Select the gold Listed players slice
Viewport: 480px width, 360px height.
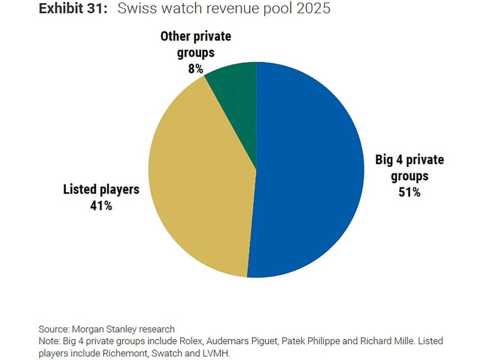(202, 187)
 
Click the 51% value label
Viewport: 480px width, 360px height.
(409, 192)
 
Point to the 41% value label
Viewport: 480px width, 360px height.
(101, 205)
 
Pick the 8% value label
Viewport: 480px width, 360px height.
(195, 69)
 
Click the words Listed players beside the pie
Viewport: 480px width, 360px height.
(101, 189)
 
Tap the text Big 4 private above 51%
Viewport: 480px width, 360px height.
(409, 160)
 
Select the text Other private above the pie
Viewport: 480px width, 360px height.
(196, 36)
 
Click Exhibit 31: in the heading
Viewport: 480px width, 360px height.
(73, 9)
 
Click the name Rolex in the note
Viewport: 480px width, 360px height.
(191, 341)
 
